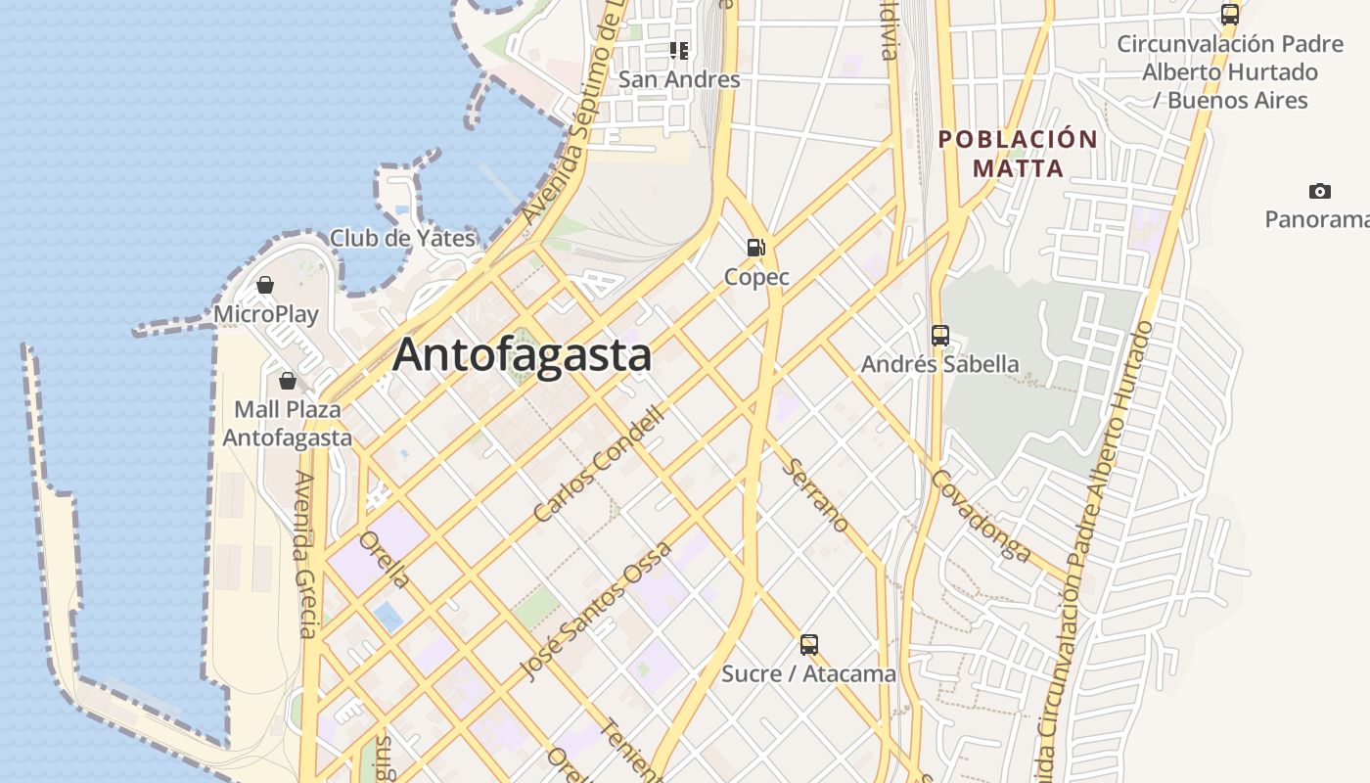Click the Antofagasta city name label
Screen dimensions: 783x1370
[x=522, y=354]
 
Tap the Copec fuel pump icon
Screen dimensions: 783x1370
[x=755, y=248]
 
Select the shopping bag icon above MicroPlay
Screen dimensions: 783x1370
[x=264, y=285]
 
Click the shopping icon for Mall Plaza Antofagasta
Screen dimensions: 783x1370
[x=288, y=380]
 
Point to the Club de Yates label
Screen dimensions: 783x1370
[x=402, y=238]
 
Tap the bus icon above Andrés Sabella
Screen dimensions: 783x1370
[x=939, y=336]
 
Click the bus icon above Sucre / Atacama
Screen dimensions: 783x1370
[x=808, y=645]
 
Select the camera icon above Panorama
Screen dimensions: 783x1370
[x=1319, y=191]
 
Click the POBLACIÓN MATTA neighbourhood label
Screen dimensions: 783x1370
[x=1018, y=154]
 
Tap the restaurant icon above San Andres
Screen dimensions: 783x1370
[x=679, y=50]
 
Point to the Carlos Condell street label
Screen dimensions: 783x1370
[x=599, y=465]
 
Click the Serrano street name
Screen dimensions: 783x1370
[x=816, y=495]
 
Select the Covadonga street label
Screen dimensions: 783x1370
[x=981, y=516]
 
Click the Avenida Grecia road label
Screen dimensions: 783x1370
[x=305, y=554]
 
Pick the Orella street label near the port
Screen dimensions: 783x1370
[x=385, y=560]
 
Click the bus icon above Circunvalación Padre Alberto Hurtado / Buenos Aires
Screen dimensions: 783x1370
[x=1230, y=15]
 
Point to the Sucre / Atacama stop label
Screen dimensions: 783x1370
[x=808, y=674]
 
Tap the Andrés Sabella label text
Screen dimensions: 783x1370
[x=939, y=364]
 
